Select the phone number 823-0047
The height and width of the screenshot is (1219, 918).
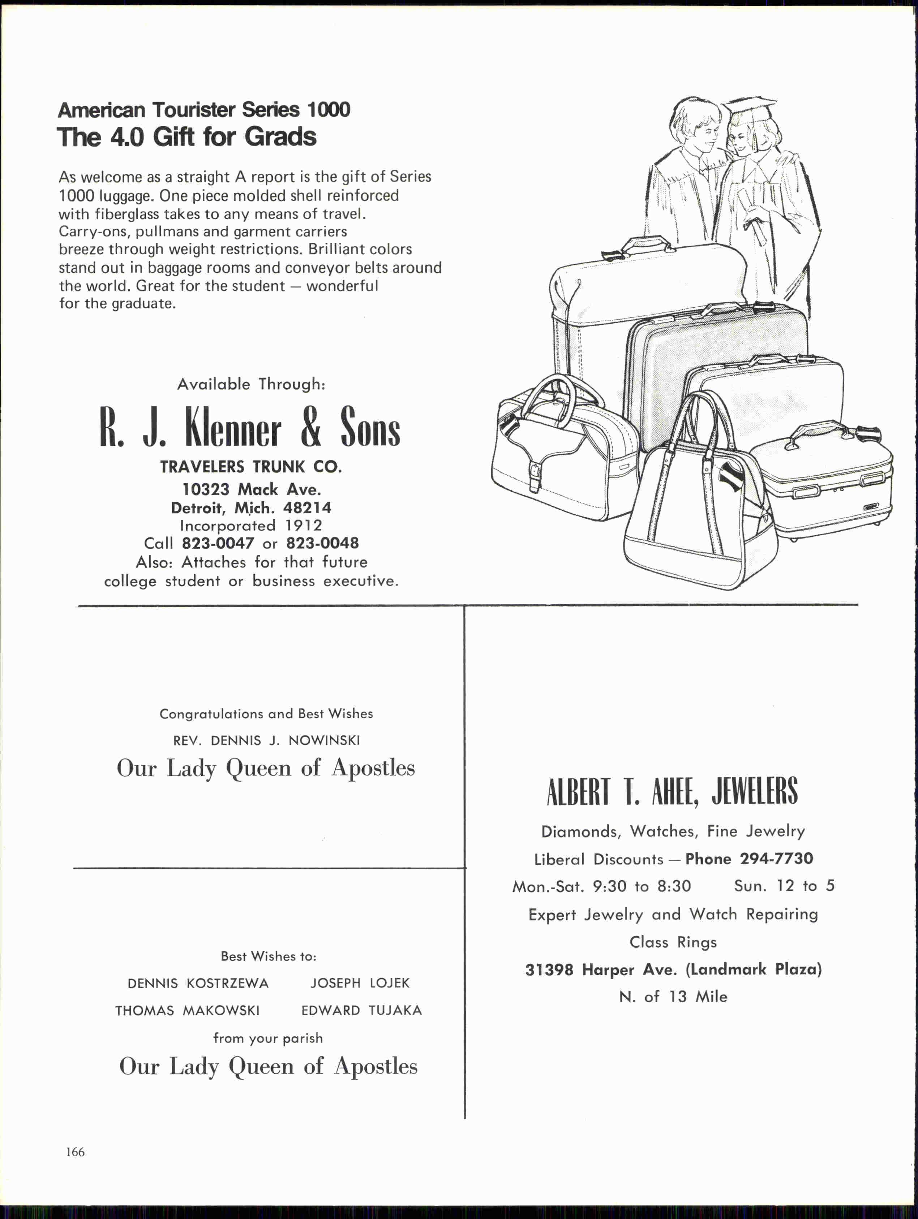218,543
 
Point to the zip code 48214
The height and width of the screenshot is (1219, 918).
307,507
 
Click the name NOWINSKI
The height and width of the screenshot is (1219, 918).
324,741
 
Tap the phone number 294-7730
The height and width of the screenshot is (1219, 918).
776,859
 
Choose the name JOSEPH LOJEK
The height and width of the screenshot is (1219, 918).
360,983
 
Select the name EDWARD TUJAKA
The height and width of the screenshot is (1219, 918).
361,1011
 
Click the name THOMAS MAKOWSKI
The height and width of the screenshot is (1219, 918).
188,1011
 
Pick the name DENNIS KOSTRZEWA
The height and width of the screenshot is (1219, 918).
198,984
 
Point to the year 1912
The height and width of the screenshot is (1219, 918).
303,526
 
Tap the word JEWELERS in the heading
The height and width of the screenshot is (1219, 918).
754,792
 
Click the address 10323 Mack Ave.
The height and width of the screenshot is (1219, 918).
252,489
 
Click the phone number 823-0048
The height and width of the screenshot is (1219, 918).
322,543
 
